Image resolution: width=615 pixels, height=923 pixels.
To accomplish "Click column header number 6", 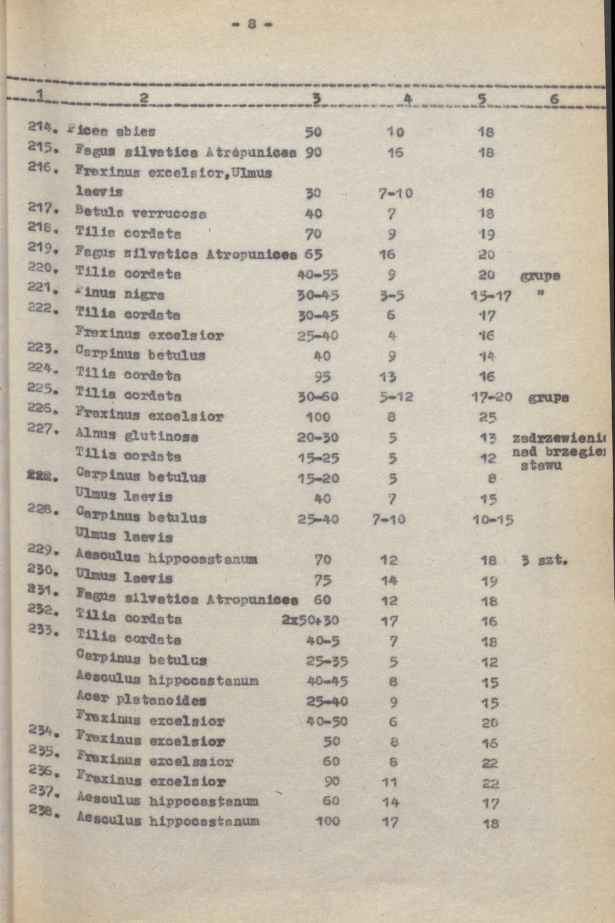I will pyautogui.click(x=554, y=99).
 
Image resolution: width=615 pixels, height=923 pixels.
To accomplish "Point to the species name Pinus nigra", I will pyautogui.click(x=119, y=294).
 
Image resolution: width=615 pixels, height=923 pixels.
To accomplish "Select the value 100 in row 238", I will pyautogui.click(x=327, y=821).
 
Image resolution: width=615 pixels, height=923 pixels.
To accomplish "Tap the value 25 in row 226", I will pyautogui.click(x=487, y=417).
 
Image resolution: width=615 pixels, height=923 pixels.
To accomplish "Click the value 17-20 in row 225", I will pyautogui.click(x=491, y=397).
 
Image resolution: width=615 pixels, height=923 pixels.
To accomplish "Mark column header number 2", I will pyautogui.click(x=143, y=99).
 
